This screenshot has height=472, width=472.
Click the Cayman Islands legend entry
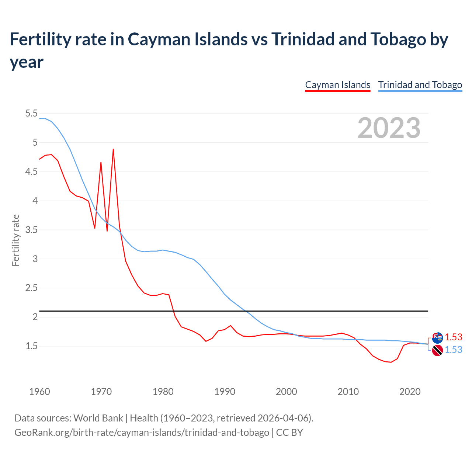pyautogui.click(x=337, y=85)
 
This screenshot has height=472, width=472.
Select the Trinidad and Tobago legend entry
pyautogui.click(x=420, y=85)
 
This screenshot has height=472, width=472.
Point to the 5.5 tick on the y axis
pyautogui.click(x=31, y=114)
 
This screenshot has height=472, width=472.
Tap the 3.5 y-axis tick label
pyautogui.click(x=31, y=230)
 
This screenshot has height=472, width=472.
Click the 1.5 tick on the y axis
pyautogui.click(x=31, y=346)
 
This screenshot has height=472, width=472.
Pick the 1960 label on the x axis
pyautogui.click(x=39, y=392)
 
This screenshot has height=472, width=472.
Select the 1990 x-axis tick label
pyautogui.click(x=225, y=392)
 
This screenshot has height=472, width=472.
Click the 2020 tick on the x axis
pyautogui.click(x=410, y=392)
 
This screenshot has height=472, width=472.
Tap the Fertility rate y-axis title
pyautogui.click(x=15, y=240)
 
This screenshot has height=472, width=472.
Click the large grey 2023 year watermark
pyautogui.click(x=389, y=128)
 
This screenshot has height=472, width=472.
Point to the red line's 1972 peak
pyautogui.click(x=113, y=149)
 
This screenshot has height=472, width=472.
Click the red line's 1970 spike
pyautogui.click(x=101, y=163)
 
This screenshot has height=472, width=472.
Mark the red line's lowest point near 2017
pyautogui.click(x=391, y=362)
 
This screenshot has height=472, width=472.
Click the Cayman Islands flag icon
pyautogui.click(x=437, y=337)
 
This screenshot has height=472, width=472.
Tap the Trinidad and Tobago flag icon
pyautogui.click(x=437, y=350)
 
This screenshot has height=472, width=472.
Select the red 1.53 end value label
pyautogui.click(x=453, y=337)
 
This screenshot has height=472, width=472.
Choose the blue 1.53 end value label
pyautogui.click(x=453, y=350)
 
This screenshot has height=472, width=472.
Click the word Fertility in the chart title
pyautogui.click(x=34, y=39)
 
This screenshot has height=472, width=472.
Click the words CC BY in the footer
pyautogui.click(x=289, y=432)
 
